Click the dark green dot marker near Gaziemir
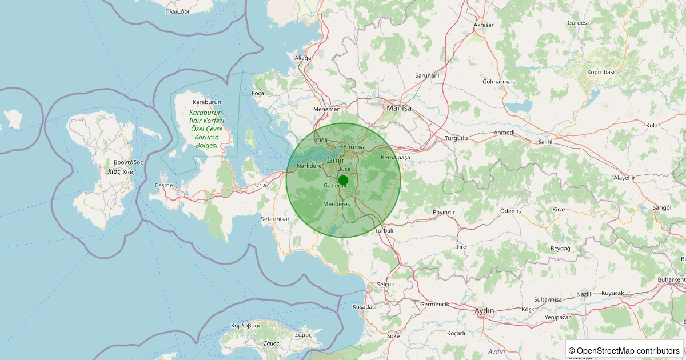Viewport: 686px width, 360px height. [343, 180]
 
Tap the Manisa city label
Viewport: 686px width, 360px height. [399, 107]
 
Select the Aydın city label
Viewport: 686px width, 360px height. [484, 310]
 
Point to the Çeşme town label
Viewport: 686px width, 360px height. [163, 185]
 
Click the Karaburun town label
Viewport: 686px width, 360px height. [206, 102]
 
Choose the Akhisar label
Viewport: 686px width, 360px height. [484, 25]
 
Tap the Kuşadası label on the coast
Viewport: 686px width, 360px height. [365, 306]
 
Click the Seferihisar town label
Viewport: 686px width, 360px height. [276, 219]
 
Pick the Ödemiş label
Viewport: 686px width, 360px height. [510, 211]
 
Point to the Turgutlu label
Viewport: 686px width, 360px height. [456, 138]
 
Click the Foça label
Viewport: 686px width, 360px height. [258, 93]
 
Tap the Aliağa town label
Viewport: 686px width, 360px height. [302, 58]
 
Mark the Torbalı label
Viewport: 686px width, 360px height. [384, 231]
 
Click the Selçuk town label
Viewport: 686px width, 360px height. [386, 284]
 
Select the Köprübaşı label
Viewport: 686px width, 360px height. [600, 73]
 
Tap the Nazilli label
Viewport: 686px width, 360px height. [585, 294]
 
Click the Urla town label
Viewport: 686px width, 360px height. [261, 185]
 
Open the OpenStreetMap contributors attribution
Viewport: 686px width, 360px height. [624, 350]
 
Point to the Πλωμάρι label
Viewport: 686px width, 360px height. [177, 11]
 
